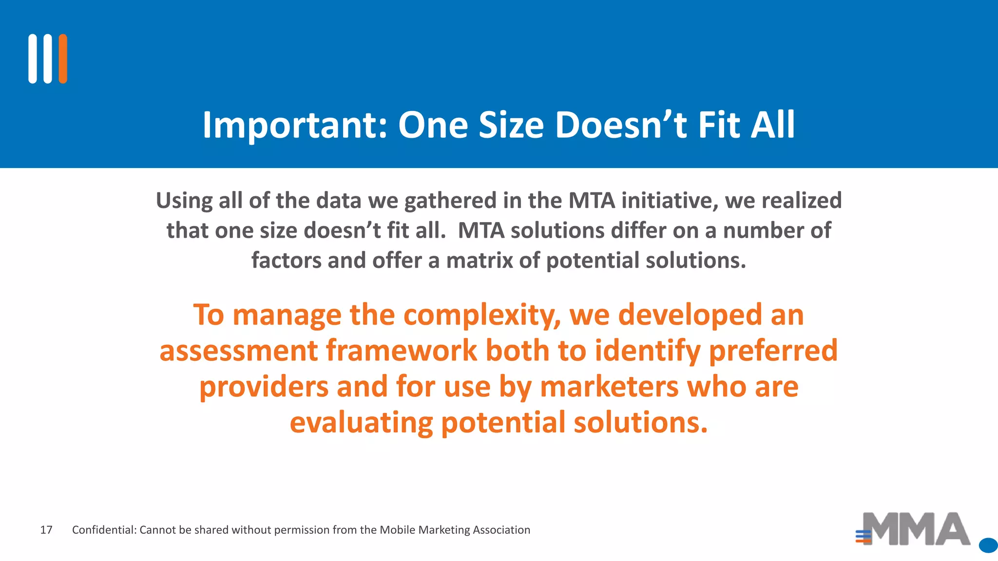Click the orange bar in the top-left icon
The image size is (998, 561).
coord(63,59)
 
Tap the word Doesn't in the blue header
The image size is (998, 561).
coord(621,125)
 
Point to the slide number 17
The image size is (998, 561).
coord(46,530)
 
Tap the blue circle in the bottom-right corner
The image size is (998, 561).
coord(988,545)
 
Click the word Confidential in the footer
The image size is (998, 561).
coord(104,530)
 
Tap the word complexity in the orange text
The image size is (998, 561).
coord(482,315)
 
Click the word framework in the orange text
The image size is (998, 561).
coord(402,351)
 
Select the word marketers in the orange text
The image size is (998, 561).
coord(609,387)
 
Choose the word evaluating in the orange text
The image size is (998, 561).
coord(361,423)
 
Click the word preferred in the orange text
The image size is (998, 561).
coord(773,351)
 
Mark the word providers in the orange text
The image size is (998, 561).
coord(264,387)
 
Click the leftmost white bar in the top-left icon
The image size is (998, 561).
coord(33,59)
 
